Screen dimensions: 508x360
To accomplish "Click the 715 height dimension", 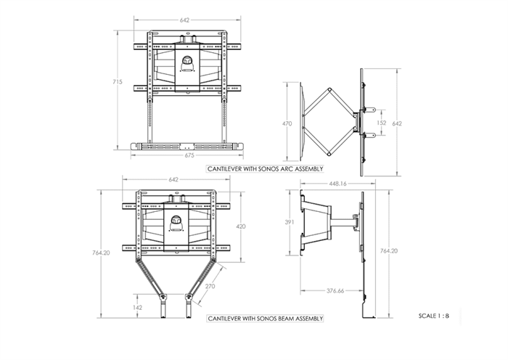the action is pos(118,82).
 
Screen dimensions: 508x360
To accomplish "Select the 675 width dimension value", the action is pos(189,155).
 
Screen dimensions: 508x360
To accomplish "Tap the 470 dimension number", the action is pos(287,123).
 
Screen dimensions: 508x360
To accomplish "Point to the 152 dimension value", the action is pos(382,123).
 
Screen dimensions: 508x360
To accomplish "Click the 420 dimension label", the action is pos(241,226).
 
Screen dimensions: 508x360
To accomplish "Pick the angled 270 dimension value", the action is pos(210,286).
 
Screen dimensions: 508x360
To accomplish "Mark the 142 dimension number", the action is pos(137,308).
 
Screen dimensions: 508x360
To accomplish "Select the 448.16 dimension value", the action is pos(338,184).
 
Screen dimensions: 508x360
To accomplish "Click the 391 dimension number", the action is pos(290,222).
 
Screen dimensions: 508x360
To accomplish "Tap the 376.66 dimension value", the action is pos(335,290).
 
